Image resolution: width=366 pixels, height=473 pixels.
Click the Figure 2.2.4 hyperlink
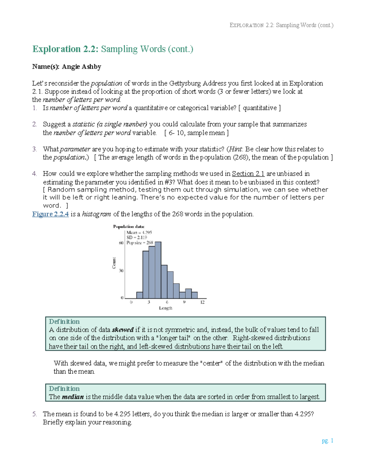(x=50, y=214)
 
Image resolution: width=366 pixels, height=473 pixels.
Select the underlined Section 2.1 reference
(x=248, y=174)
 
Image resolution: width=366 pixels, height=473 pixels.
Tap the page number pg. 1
(x=327, y=440)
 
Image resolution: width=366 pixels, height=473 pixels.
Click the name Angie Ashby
(x=81, y=67)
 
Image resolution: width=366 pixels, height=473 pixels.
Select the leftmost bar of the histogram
(x=139, y=295)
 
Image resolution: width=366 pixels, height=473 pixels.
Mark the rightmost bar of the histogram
(x=194, y=295)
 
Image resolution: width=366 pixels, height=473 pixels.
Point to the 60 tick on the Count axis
(x=121, y=243)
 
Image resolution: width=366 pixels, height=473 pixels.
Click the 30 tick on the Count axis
(x=121, y=270)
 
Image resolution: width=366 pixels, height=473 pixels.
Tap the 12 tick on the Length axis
(x=202, y=302)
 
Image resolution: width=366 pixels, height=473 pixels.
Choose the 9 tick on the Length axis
(x=184, y=302)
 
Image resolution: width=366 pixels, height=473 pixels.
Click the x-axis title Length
(x=165, y=308)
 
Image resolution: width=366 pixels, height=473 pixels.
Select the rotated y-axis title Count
(x=114, y=263)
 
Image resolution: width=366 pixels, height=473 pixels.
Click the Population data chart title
(x=128, y=227)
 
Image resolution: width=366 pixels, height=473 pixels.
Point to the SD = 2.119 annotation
(x=137, y=237)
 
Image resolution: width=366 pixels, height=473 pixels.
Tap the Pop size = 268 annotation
(x=140, y=243)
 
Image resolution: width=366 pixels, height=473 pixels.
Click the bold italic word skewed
(x=123, y=330)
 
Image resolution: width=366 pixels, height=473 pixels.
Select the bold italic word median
(x=73, y=397)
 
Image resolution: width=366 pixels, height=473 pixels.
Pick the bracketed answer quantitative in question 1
(x=260, y=108)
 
